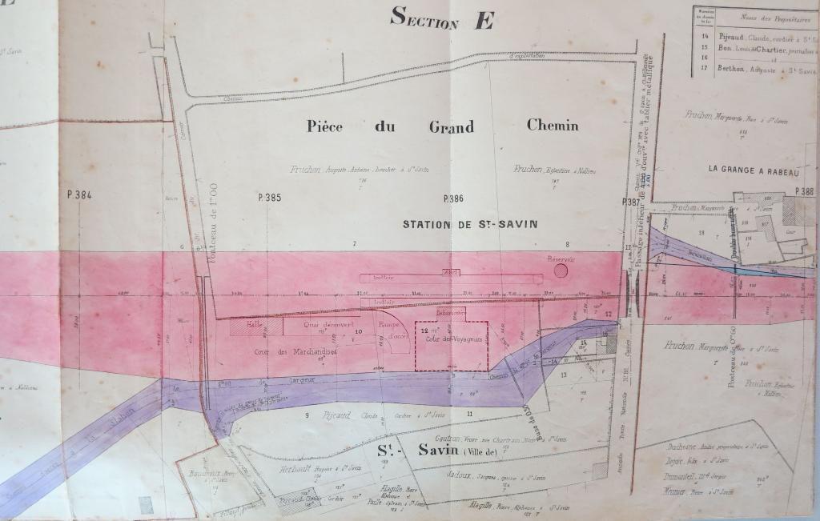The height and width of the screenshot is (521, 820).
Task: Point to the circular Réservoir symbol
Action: tap(561, 271)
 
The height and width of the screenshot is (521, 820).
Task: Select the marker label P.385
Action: tap(271, 197)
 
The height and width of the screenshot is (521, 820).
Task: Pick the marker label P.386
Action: tap(453, 197)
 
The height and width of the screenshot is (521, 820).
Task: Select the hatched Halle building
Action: tap(256, 326)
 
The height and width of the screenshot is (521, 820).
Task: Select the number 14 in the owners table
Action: tap(705, 36)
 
